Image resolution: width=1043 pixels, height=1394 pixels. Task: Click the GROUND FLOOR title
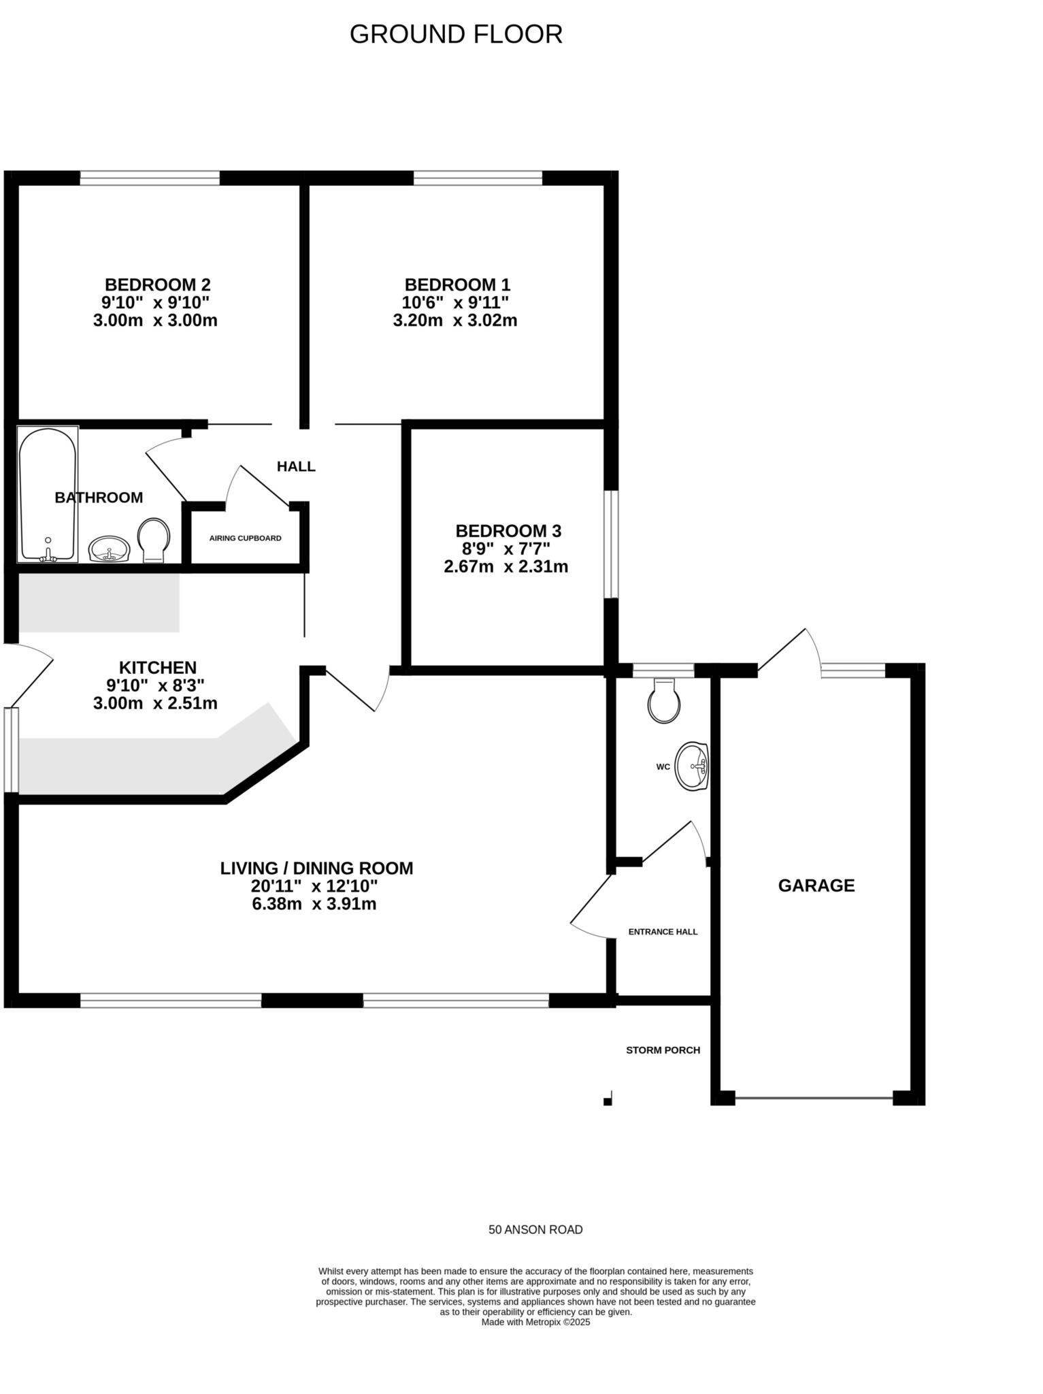pos(456,34)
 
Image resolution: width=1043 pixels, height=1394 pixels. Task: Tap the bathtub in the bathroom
pos(48,495)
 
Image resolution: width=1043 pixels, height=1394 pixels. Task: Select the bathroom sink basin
pos(109,549)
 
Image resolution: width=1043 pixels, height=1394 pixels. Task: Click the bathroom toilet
pos(154,540)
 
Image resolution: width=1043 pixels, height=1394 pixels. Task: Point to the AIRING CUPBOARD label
pos(245,538)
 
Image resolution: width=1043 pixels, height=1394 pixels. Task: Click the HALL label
pos(296,466)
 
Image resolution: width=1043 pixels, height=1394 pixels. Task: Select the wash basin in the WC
pos(692,766)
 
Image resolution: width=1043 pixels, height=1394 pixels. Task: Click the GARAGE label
pos(816,886)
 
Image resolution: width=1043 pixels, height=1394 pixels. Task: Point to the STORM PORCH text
pos(663,1050)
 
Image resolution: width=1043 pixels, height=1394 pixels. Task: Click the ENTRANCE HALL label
pos(663,932)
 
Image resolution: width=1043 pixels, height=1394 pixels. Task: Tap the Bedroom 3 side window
pos(612,544)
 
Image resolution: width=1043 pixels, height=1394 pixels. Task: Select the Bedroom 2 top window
pos(150,178)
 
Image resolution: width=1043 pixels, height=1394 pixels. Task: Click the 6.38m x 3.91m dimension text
pos(314,904)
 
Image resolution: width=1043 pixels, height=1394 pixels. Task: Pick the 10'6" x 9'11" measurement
pos(455,302)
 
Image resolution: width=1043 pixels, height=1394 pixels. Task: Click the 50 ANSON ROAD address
pos(535,1230)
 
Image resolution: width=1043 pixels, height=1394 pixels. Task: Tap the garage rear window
pos(853,670)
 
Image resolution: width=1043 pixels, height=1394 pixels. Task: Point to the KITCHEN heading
pos(158,668)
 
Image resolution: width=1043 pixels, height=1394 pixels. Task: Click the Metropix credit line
pos(535,1323)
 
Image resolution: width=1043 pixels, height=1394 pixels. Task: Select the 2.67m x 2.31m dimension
pos(506,566)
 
